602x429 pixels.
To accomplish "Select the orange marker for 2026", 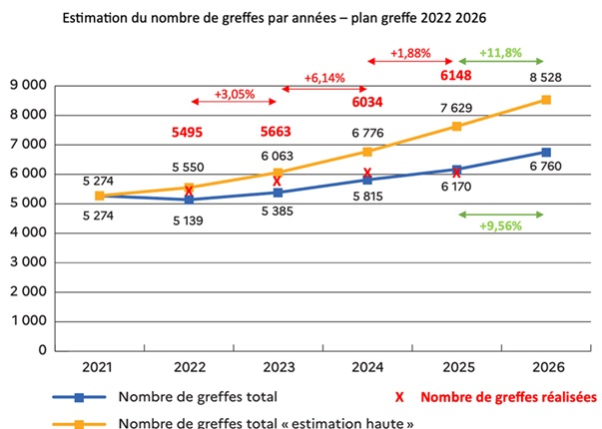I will click(546, 99).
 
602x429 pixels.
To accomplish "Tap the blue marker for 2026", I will click(546, 152).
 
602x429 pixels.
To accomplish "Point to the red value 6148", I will click(454, 75).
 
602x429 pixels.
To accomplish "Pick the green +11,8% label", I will click(501, 53).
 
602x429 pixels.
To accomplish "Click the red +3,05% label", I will click(234, 95).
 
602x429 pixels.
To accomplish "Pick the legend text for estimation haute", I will click(266, 421).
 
